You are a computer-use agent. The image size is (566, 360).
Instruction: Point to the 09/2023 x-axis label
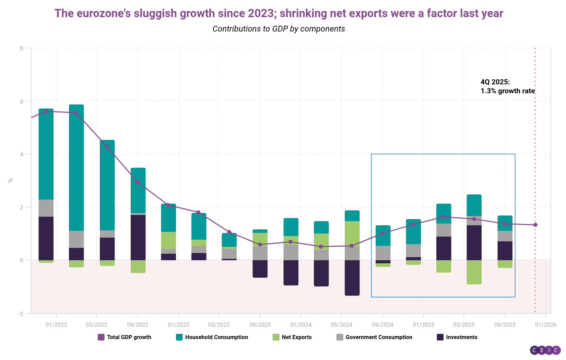(260, 325)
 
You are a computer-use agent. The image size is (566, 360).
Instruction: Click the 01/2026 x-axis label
(545, 325)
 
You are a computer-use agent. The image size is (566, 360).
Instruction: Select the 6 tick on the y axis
(21, 101)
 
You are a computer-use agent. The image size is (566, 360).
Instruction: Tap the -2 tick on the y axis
(21, 313)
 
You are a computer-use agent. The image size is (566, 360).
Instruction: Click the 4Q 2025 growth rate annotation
(507, 86)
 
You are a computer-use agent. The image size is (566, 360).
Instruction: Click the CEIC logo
(545, 350)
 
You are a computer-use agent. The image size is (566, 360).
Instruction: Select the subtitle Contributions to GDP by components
(279, 29)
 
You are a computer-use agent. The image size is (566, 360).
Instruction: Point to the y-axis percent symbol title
(11, 180)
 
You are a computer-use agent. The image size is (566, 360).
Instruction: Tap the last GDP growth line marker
(535, 225)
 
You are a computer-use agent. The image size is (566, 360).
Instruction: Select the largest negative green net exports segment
(474, 272)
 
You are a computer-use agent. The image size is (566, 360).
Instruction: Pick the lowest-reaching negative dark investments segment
(352, 278)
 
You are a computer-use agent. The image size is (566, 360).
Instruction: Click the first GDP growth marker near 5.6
(46, 111)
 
